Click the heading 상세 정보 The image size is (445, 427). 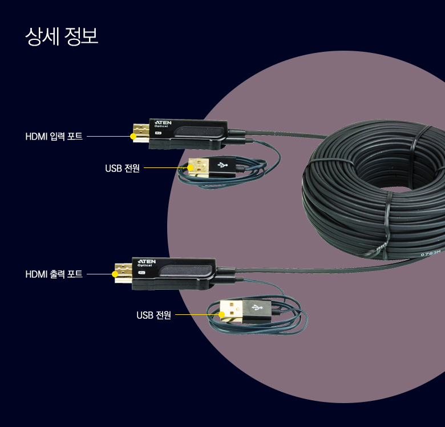point(62,36)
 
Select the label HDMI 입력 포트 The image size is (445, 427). point(54,137)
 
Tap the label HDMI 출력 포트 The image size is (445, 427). point(54,274)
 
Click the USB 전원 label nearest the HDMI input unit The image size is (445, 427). point(122,169)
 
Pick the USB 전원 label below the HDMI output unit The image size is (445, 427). point(153,315)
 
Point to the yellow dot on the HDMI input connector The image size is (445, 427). point(133,137)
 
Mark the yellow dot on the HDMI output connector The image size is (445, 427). point(115,274)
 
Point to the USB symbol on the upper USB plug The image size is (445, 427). point(222,165)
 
